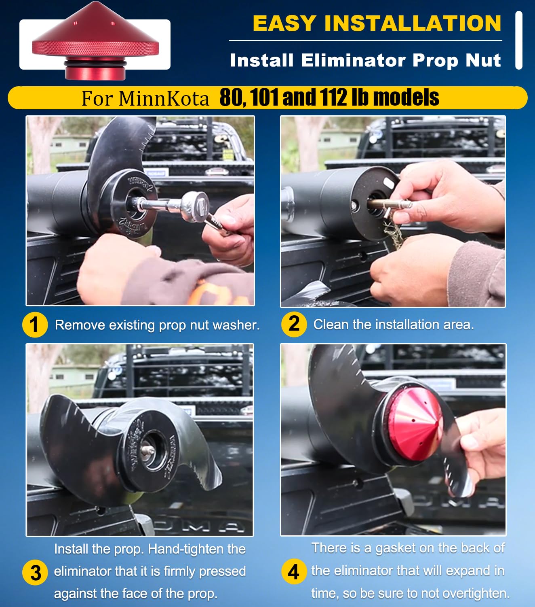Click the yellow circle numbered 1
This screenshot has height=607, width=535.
tap(35, 325)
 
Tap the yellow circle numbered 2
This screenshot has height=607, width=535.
tap(294, 325)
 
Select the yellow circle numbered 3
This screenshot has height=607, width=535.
tap(35, 572)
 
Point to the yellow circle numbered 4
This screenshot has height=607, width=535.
tap(294, 571)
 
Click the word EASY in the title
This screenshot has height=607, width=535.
tap(284, 23)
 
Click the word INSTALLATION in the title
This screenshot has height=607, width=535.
tap(413, 23)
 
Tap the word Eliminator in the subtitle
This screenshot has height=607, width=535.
tap(354, 61)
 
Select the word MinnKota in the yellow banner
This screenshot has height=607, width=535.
tap(164, 98)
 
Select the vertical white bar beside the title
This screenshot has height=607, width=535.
tap(519, 40)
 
